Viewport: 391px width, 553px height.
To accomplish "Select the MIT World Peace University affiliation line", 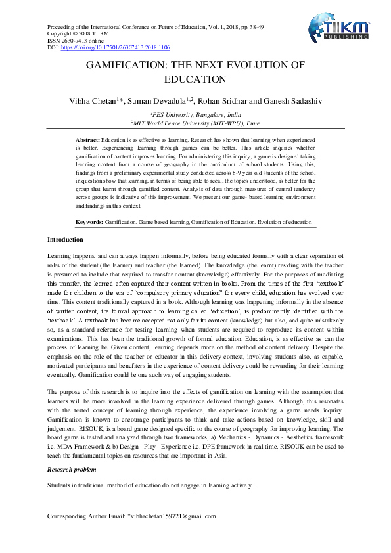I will tap(195, 122).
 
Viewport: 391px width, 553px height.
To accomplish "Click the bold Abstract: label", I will tap(88, 141).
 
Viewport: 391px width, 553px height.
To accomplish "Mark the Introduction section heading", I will tap(66, 240).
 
